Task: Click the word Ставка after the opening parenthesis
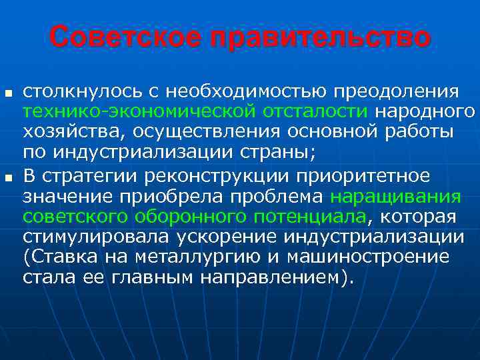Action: point(63,258)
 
